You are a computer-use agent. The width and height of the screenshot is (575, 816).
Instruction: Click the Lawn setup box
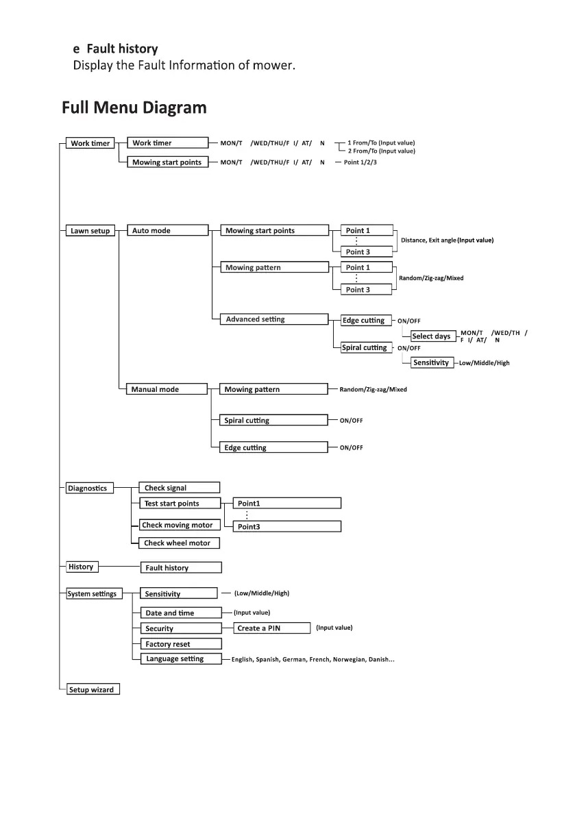point(90,231)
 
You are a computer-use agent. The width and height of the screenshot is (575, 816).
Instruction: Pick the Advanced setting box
point(273,319)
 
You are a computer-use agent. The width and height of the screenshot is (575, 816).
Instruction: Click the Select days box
point(432,336)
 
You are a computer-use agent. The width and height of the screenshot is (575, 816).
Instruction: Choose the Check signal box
point(180,488)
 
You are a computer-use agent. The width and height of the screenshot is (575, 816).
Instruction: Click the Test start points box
point(180,504)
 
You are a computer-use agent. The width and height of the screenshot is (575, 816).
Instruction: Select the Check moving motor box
point(180,526)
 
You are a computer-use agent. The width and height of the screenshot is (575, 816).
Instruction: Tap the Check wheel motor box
point(180,543)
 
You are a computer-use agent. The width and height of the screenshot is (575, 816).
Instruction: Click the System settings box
point(92,594)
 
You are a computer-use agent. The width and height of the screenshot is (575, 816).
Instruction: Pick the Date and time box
point(180,613)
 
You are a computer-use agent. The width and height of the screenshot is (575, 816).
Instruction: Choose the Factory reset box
point(180,644)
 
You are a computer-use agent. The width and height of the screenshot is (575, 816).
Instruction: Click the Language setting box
point(180,659)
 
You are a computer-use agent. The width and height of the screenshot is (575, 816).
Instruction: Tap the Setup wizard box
point(92,690)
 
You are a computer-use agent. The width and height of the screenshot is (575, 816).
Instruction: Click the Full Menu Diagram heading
point(134,108)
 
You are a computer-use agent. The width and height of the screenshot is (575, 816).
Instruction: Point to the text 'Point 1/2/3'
point(360,162)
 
